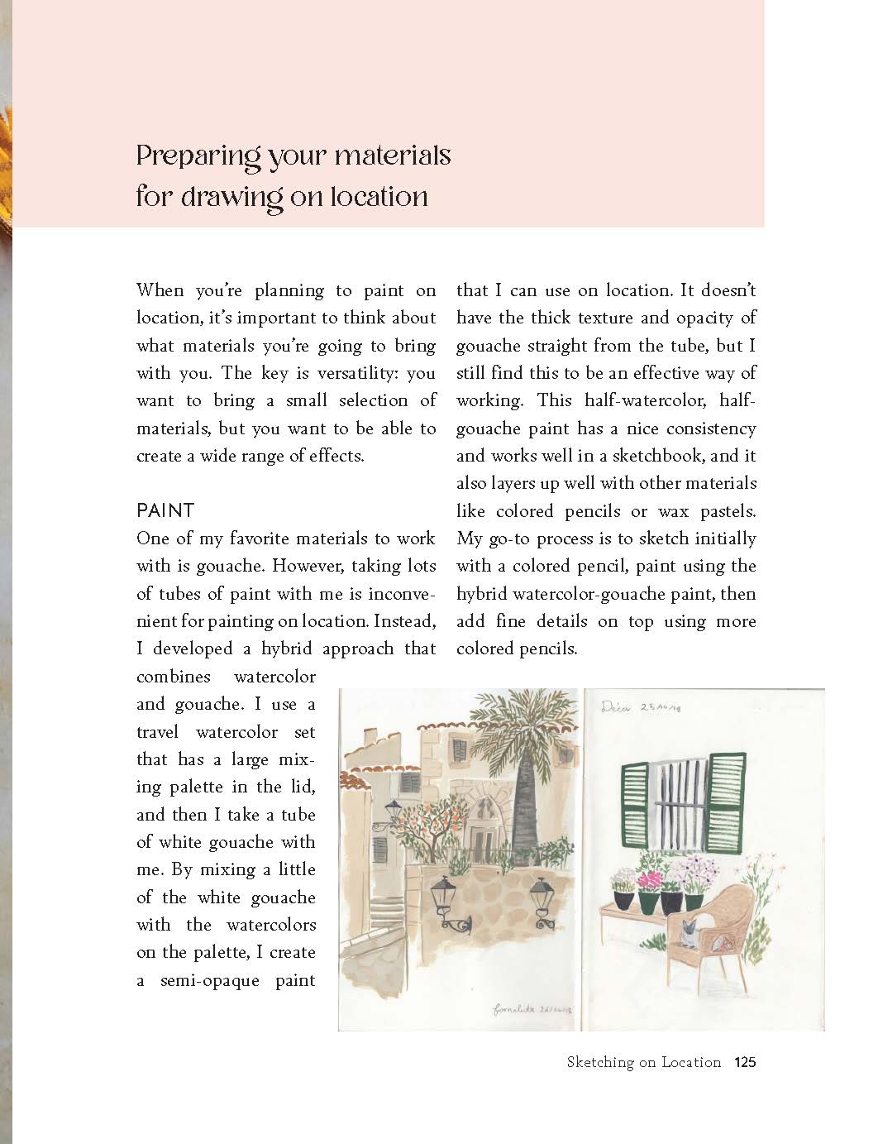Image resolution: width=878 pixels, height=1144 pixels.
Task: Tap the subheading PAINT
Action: [x=165, y=510]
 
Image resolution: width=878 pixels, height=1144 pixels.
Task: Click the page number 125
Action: [x=745, y=1062]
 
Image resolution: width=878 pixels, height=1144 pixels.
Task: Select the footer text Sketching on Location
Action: [x=643, y=1062]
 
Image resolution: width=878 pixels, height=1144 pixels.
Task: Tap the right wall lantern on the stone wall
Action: [x=542, y=902]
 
